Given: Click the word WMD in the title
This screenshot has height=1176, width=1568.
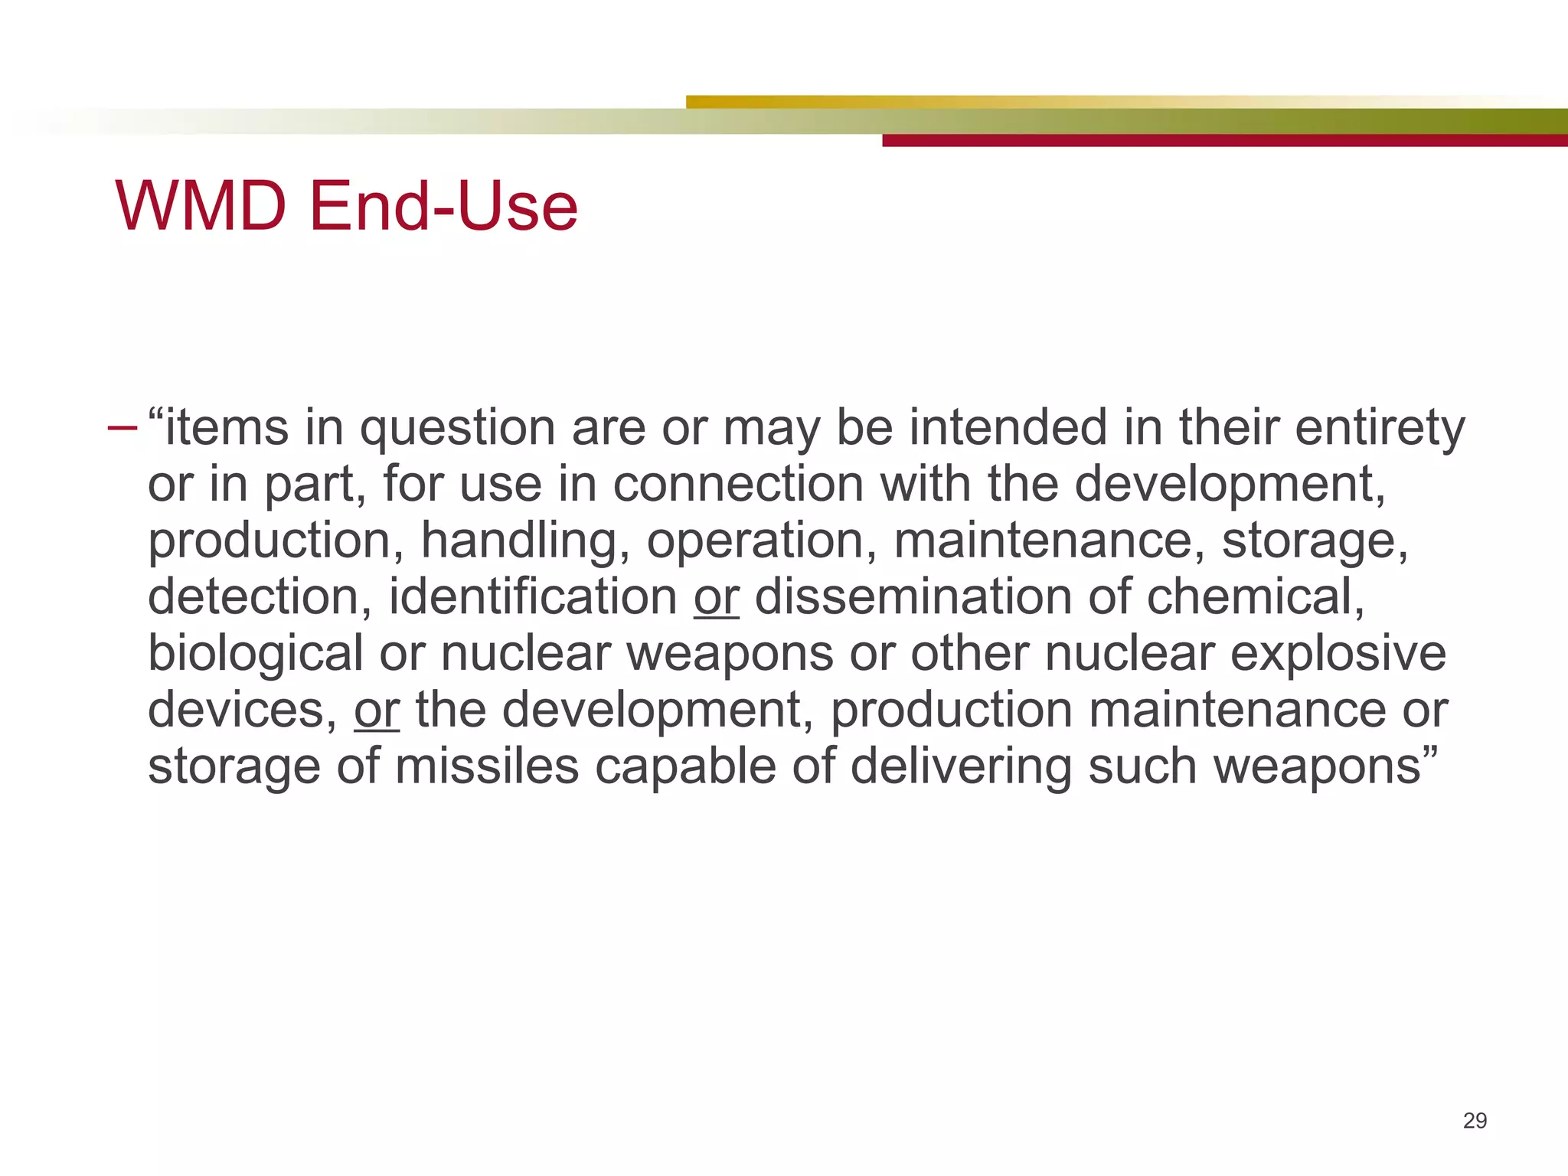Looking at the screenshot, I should pos(201,206).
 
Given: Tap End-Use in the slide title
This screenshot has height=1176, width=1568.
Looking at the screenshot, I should pos(443,206).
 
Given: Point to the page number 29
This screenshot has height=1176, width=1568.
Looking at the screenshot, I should pos(1475,1121).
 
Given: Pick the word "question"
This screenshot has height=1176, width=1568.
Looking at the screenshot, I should pos(457,429).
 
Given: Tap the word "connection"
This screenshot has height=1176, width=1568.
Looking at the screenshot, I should pos(738,484).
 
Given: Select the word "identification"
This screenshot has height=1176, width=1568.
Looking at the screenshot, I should pos(533,597).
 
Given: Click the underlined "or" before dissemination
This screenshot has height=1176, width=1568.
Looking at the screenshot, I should pos(716,597).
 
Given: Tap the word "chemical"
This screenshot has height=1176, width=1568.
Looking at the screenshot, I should pos(1255,597).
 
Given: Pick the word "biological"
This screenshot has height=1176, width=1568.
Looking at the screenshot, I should pos(255,654).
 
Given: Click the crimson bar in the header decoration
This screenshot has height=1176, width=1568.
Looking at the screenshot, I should pos(1225,141).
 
